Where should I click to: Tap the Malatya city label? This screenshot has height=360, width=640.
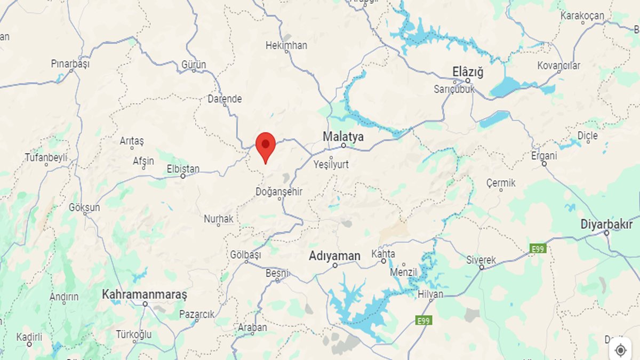pyautogui.click(x=343, y=137)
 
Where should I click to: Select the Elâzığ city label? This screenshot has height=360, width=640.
pyautogui.click(x=467, y=72)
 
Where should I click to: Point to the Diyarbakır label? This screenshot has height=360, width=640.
pyautogui.click(x=606, y=225)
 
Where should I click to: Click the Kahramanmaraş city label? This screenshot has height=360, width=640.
pyautogui.click(x=145, y=294)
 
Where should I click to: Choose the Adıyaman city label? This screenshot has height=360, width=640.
pyautogui.click(x=334, y=256)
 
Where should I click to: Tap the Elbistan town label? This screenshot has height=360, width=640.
pyautogui.click(x=183, y=169)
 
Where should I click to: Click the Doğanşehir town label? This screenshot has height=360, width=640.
pyautogui.click(x=279, y=191)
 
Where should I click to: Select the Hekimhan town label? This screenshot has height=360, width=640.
pyautogui.click(x=286, y=45)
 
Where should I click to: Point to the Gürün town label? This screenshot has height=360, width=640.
pyautogui.click(x=194, y=65)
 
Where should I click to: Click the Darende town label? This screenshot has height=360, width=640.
pyautogui.click(x=225, y=99)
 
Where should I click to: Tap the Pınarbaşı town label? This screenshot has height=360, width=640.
pyautogui.click(x=70, y=63)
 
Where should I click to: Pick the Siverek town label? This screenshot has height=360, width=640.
pyautogui.click(x=481, y=260)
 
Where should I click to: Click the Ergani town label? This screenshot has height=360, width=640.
pyautogui.click(x=544, y=156)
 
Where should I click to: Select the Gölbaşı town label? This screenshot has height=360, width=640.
pyautogui.click(x=245, y=255)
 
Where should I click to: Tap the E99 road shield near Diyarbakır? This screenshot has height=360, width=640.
pyautogui.click(x=538, y=249)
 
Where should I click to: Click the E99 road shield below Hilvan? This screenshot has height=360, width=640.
pyautogui.click(x=423, y=320)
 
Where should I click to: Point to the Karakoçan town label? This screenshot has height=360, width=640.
pyautogui.click(x=582, y=16)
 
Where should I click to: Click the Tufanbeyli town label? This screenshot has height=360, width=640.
pyautogui.click(x=46, y=157)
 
